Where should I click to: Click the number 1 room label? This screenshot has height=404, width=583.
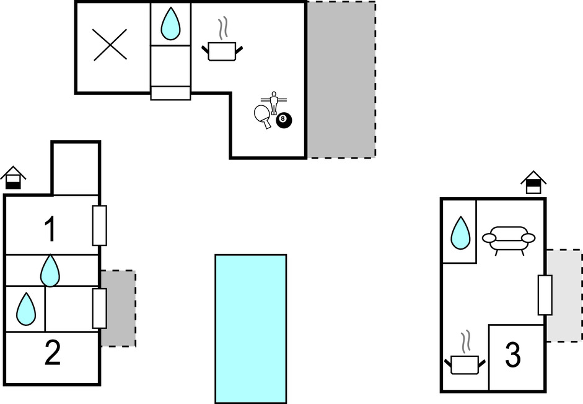coord(51,229)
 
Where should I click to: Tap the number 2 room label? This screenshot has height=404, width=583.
coord(52,354)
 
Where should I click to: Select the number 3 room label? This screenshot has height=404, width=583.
coord(512,356)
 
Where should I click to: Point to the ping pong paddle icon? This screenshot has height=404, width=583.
coord(263,116)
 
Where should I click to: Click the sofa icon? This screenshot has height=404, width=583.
coord(509,239)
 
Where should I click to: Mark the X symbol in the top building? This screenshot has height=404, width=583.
coord(110,45)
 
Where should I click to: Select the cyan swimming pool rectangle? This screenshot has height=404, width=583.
coord(250,328)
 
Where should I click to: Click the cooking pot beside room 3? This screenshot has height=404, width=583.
coord(464,362)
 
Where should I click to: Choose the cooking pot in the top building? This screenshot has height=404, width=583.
coord(221,49)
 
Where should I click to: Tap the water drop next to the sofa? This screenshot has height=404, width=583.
coord(460,233)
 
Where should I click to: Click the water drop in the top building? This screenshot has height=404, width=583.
coord(170,24)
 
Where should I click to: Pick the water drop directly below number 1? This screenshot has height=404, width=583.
coord(50,271)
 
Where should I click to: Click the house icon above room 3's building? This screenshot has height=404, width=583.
coord(533,183)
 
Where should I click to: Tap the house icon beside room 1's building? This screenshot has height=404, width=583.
coord(12,178)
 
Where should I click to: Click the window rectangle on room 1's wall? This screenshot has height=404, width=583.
coord(99,226)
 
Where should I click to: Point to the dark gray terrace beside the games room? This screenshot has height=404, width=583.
coord(341,79)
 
